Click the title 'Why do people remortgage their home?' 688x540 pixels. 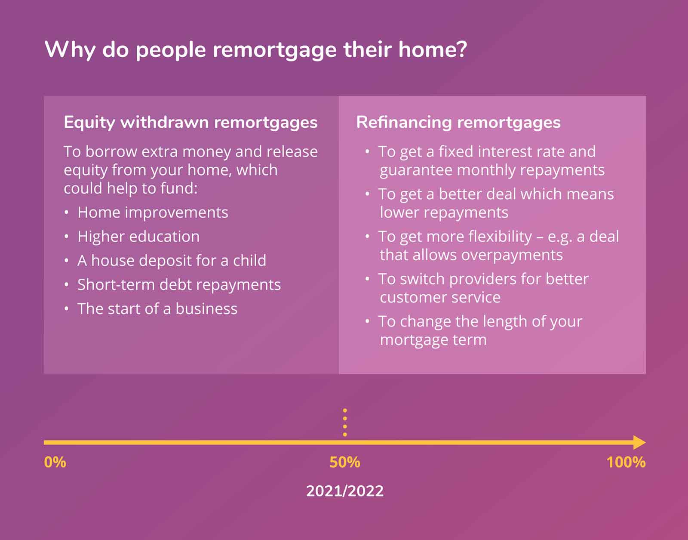255,49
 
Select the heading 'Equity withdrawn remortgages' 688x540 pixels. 190,122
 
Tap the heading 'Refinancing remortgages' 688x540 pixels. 458,122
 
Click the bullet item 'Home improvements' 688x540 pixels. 153,213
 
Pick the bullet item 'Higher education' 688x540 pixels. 138,237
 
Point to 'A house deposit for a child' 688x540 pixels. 172,261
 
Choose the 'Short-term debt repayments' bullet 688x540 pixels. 179,285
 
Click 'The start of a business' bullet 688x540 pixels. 157,309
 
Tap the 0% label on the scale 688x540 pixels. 55,462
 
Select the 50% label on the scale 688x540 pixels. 345,462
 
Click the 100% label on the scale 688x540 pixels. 626,462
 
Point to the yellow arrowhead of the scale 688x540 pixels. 639,442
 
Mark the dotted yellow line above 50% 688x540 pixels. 345,422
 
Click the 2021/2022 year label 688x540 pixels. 345,491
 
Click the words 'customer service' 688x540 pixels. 440,297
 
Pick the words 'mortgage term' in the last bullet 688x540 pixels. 433,340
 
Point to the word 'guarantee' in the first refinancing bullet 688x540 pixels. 416,170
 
